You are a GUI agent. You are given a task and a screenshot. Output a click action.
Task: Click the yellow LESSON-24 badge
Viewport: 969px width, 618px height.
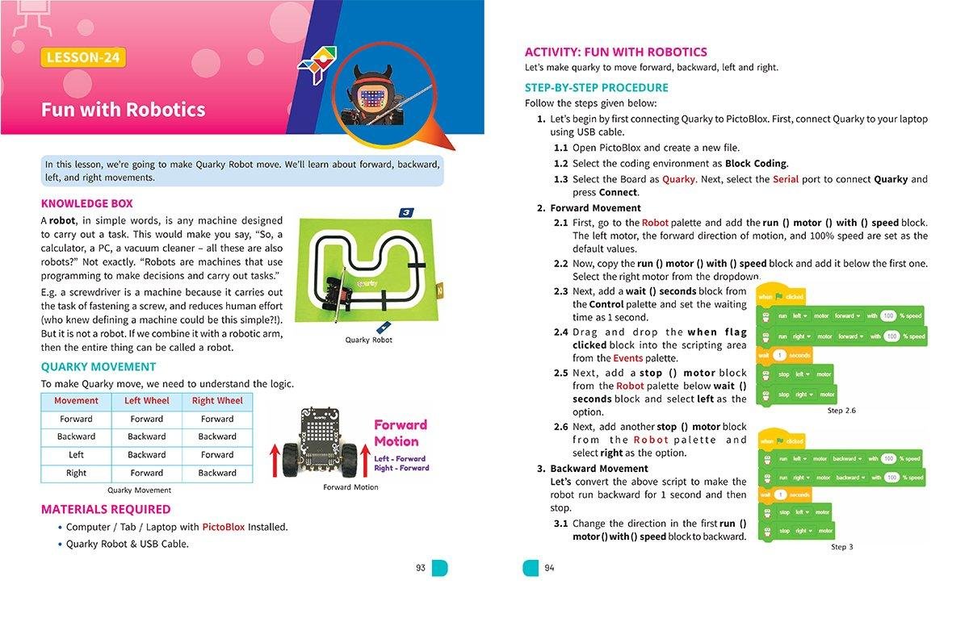[85, 57]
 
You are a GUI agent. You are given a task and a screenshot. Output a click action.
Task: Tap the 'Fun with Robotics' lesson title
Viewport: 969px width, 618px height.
[124, 110]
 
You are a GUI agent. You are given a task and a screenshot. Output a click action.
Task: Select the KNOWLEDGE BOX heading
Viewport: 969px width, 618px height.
[86, 203]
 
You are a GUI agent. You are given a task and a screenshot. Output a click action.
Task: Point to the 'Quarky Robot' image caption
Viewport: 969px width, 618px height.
[368, 340]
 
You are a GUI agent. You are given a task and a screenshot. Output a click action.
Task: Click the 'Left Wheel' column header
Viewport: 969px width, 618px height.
[147, 401]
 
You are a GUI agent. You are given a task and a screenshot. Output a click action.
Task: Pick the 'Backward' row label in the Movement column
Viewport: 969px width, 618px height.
[76, 436]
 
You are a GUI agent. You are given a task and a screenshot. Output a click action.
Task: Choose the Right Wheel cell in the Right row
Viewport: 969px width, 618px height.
[217, 473]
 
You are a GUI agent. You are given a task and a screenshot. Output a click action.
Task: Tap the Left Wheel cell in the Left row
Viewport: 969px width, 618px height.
[147, 455]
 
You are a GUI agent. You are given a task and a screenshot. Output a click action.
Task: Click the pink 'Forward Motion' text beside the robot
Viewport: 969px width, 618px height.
[401, 433]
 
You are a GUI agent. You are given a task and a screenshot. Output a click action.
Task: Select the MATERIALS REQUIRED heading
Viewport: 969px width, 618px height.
[106, 509]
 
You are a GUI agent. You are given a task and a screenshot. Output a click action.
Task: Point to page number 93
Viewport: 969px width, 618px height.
[421, 568]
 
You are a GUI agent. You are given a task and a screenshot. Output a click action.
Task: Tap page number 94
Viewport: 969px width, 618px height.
[549, 568]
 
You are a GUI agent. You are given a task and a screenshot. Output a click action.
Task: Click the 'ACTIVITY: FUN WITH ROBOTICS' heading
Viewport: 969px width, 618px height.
[615, 52]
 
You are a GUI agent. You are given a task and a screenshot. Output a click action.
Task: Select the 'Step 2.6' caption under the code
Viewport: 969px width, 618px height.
[841, 411]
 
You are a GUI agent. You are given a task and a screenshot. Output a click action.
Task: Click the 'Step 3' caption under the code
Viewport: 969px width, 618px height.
[841, 547]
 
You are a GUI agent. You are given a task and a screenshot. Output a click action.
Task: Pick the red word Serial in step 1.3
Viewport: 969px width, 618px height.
[787, 179]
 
